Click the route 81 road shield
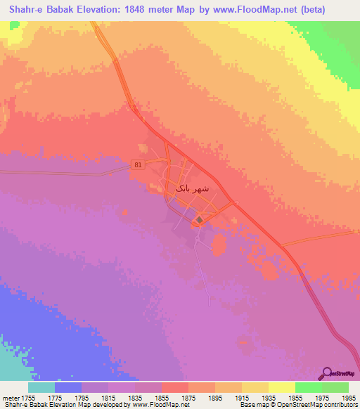pyautogui.click(x=136, y=165)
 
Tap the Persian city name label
pyautogui.click(x=192, y=189)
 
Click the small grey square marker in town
pyautogui.click(x=199, y=220)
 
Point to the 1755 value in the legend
pyautogui.click(x=27, y=398)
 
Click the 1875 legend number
pyautogui.click(x=188, y=398)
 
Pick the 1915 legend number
pyautogui.click(x=242, y=398)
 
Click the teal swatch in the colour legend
pyautogui.click(x=41, y=387)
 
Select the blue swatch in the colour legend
pyautogui.click(x=67, y=387)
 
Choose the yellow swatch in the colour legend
pyautogui.click(x=281, y=387)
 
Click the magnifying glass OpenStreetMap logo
pyautogui.click(x=326, y=372)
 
